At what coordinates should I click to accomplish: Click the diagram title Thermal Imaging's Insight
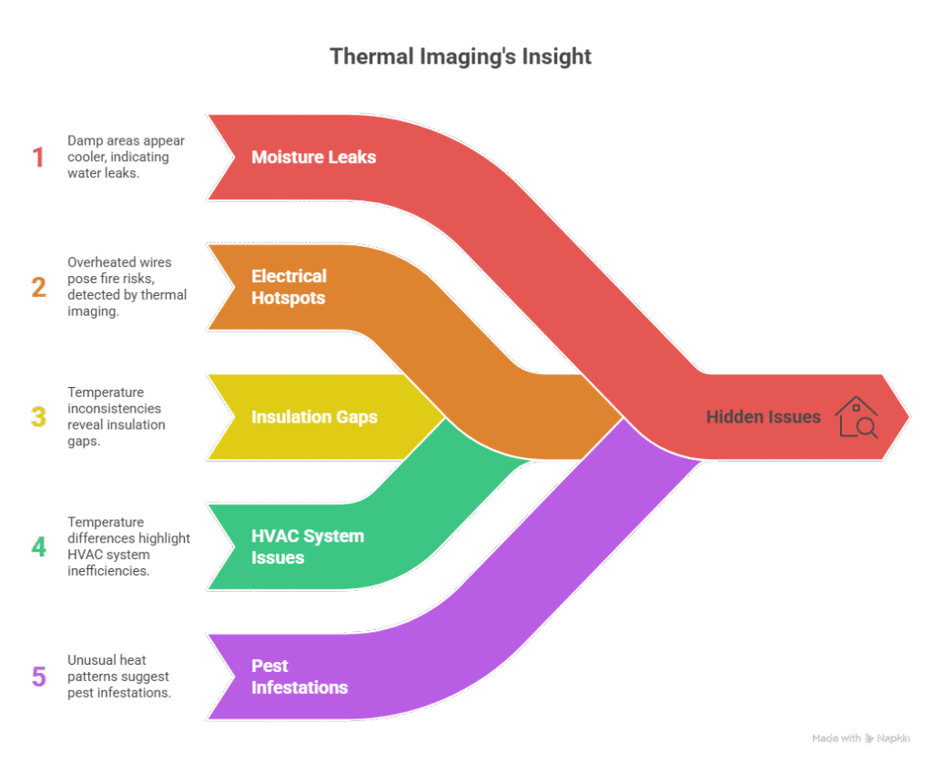tap(461, 57)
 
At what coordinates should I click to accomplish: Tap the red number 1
tap(38, 158)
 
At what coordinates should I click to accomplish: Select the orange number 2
tap(38, 288)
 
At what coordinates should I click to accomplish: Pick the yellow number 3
tap(38, 417)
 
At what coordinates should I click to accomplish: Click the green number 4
tap(38, 546)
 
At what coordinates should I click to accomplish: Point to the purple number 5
tap(38, 677)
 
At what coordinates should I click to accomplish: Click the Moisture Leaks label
tap(314, 158)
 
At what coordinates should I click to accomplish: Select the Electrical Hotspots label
tap(289, 287)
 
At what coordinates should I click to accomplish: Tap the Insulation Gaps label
tap(314, 417)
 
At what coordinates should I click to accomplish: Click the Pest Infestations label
tap(299, 677)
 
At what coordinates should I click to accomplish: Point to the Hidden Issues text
tap(763, 417)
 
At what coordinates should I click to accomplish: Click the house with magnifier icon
tap(856, 416)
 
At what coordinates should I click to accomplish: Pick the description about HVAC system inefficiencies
tap(127, 546)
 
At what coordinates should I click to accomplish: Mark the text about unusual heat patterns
tap(118, 677)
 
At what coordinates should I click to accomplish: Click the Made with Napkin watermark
tap(862, 739)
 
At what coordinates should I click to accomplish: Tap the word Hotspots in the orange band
tap(289, 297)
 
